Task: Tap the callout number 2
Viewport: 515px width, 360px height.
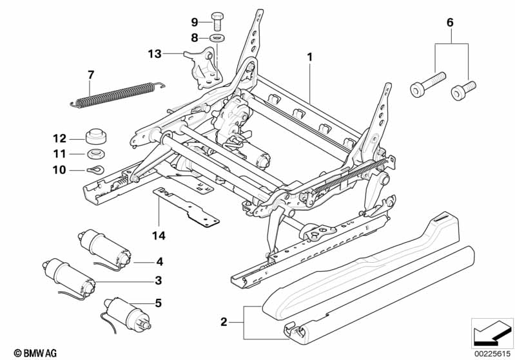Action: pos(223,321)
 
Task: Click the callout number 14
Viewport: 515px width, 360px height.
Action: pos(159,236)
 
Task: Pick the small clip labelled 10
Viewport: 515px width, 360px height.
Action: pos(95,170)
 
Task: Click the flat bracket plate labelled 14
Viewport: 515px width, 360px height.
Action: pos(187,206)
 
